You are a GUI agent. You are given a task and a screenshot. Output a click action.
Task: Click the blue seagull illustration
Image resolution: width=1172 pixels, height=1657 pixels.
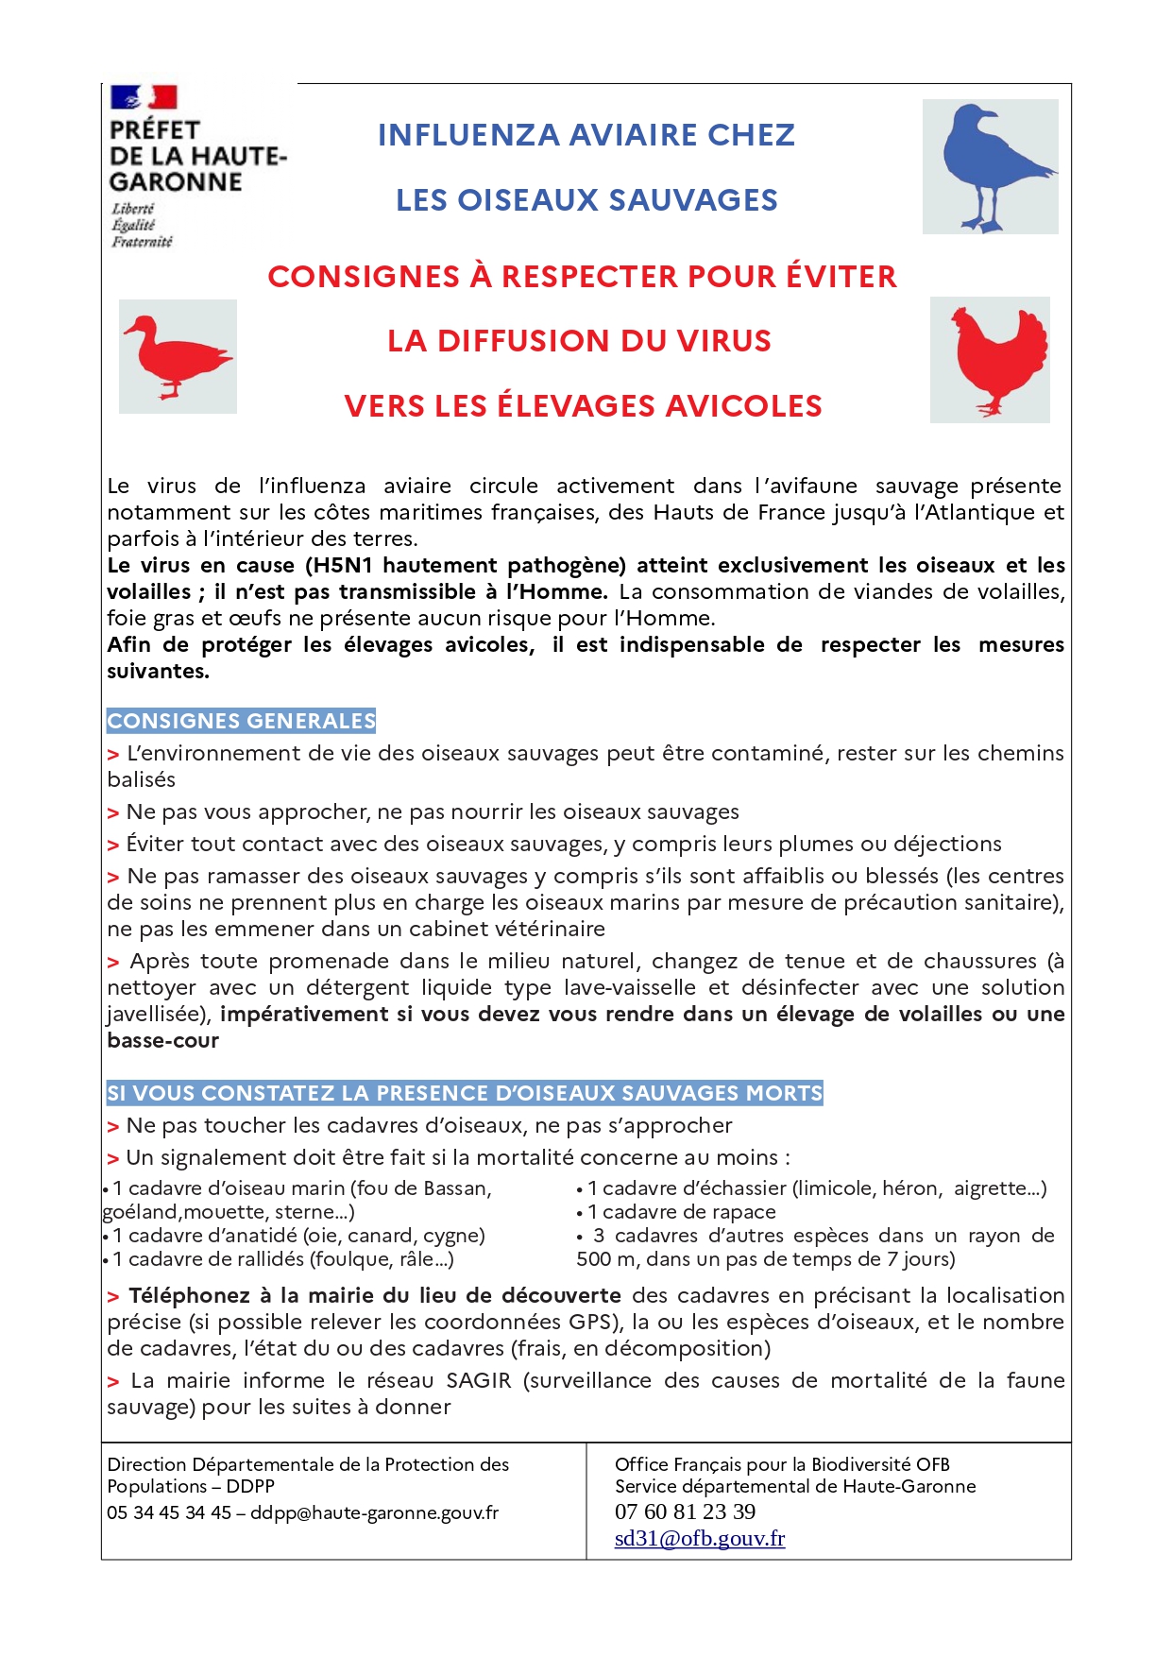[990, 166]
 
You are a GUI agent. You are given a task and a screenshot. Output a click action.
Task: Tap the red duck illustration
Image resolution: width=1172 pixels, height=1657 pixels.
[177, 356]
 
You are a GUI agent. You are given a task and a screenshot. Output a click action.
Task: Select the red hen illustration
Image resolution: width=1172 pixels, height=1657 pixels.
[990, 359]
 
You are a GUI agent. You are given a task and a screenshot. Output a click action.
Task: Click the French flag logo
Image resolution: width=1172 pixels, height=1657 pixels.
[144, 97]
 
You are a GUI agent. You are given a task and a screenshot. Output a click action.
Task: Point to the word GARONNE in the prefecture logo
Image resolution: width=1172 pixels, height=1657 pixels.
[176, 182]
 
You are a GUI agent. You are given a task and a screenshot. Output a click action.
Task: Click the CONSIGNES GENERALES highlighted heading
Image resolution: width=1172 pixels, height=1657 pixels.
[241, 721]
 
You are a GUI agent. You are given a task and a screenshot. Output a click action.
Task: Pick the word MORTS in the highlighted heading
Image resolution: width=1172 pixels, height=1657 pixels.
[784, 1093]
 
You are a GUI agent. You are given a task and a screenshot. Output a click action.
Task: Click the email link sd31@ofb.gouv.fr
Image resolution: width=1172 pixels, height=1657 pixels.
[699, 1538]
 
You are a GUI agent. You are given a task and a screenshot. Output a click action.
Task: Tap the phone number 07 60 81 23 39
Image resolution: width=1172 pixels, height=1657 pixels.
[685, 1512]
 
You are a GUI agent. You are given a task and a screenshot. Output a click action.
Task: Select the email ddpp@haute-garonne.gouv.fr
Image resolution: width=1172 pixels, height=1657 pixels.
[374, 1512]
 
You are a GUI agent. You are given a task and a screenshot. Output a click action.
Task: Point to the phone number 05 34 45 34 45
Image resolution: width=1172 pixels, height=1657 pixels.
[169, 1512]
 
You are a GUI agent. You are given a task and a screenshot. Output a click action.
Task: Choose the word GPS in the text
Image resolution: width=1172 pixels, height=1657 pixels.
[590, 1322]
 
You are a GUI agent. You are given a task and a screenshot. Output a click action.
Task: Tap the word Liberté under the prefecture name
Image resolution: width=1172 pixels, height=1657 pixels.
[132, 209]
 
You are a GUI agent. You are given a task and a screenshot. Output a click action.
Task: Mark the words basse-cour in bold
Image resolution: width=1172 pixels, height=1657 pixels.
[162, 1040]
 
